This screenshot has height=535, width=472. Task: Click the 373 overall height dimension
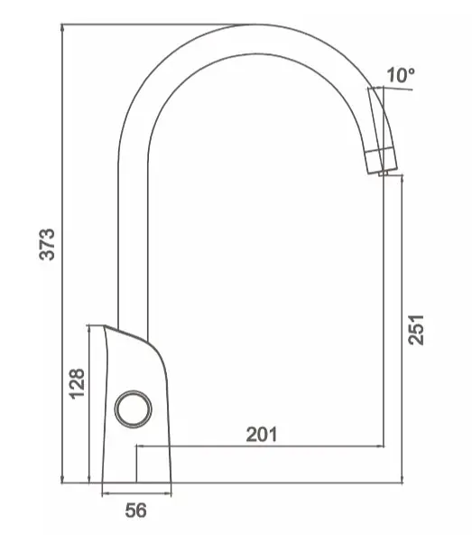point(46,244)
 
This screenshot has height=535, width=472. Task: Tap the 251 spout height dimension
point(416,330)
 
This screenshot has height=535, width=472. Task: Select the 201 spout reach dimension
point(262,435)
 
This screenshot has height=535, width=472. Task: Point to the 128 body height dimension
point(77,383)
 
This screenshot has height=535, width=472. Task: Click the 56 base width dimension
point(135,511)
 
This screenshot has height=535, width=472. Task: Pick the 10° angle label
point(401,75)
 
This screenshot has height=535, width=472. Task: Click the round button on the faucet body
point(134,408)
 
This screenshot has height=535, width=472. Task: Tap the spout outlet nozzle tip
point(384,173)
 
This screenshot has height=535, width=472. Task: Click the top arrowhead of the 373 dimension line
point(62,28)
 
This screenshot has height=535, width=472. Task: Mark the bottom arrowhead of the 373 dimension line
point(62,479)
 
